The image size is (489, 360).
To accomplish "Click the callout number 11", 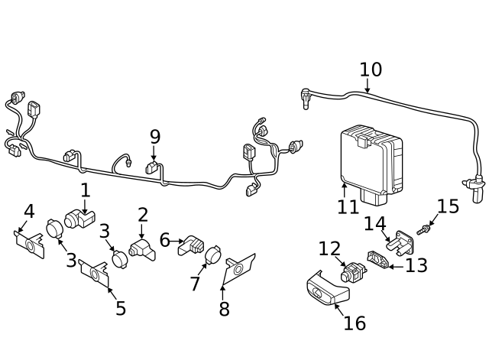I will (348, 207).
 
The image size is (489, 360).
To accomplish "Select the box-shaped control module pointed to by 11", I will (371, 163).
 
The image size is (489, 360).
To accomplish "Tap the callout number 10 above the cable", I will (371, 70).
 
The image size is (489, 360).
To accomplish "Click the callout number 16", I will (355, 323).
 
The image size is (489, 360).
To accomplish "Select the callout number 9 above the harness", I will (155, 137).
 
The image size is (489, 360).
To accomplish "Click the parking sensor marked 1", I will (78, 219).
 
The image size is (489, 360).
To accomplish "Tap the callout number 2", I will (143, 215).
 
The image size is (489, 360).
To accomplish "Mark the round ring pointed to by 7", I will (213, 255).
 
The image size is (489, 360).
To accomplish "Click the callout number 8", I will (224, 309).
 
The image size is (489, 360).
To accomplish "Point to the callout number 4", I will (29, 211).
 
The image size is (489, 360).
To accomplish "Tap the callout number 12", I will (329, 248).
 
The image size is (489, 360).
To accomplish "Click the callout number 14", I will (374, 224).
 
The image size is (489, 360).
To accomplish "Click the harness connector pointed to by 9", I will (153, 167).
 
